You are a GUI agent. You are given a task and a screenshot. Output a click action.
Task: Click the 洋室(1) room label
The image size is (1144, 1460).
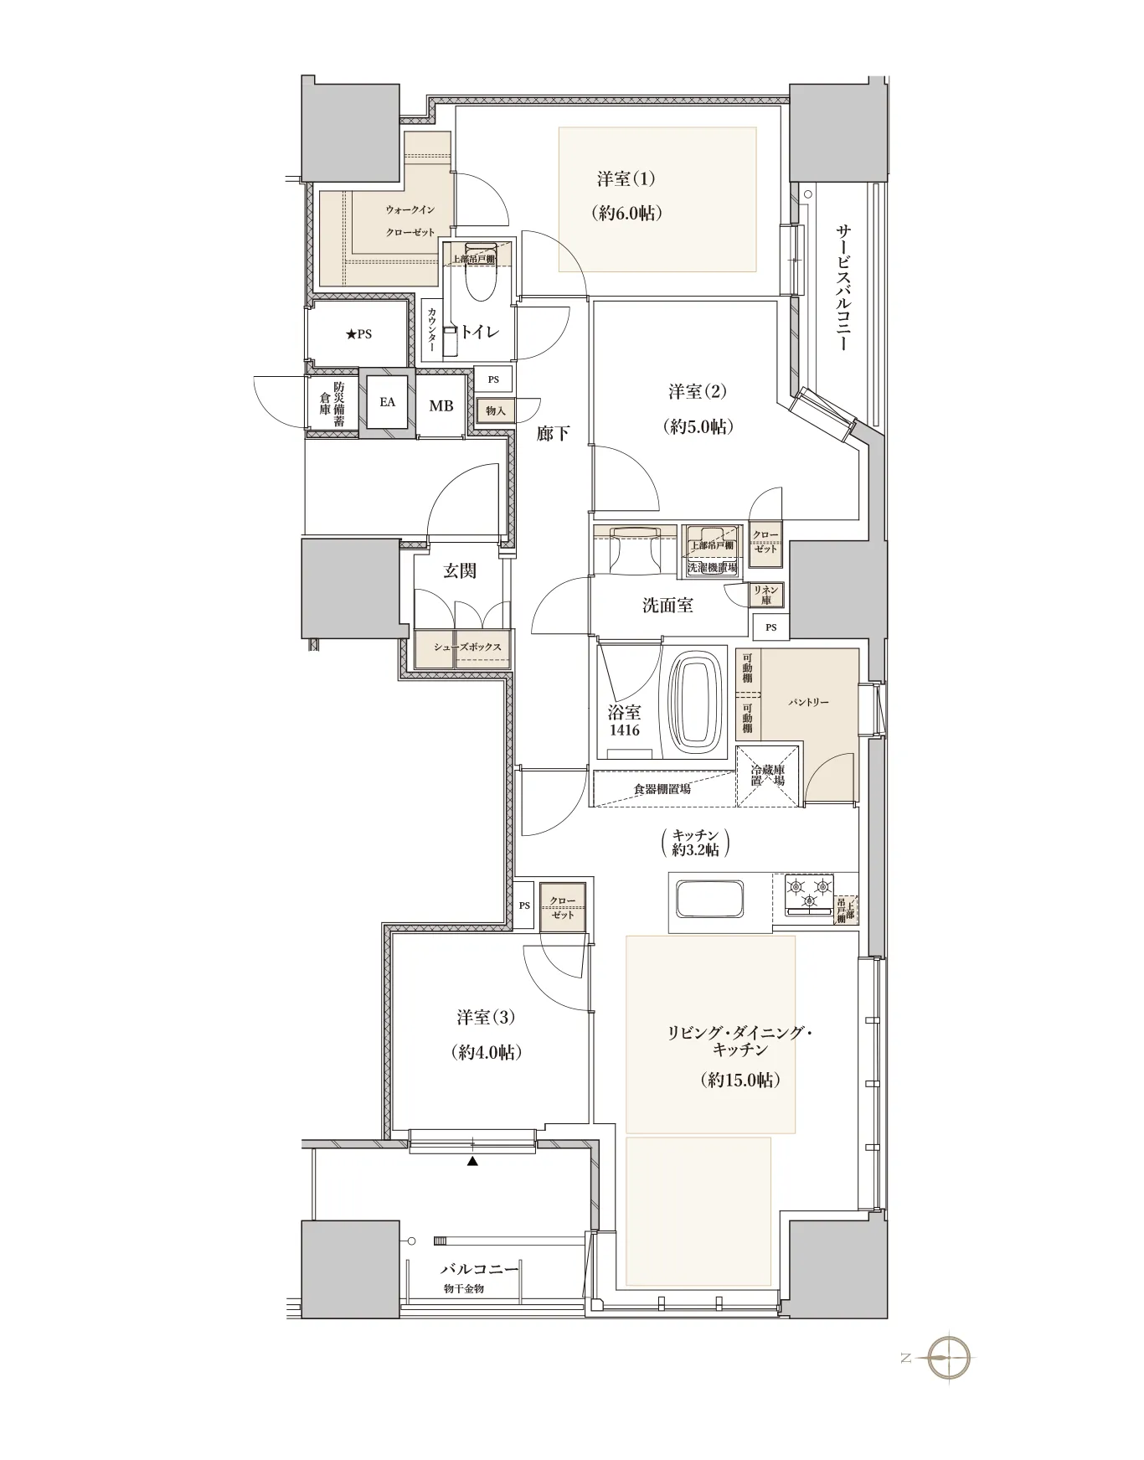tap(626, 179)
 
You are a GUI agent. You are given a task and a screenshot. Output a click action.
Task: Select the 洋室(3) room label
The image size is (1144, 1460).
tap(486, 1017)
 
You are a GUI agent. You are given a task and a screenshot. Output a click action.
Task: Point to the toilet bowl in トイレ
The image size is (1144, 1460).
tap(481, 272)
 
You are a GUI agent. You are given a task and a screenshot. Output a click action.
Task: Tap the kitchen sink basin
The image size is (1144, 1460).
tap(710, 900)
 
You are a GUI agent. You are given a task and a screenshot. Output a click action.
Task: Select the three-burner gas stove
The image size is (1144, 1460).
tap(810, 894)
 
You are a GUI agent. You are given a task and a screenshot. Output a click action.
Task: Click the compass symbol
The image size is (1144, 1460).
tap(949, 1356)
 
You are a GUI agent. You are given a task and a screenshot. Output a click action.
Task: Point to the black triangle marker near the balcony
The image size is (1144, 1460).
tap(473, 1162)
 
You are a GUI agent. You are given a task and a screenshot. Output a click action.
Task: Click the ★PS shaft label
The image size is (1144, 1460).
tap(358, 334)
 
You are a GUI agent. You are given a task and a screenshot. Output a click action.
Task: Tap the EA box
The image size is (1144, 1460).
tap(387, 402)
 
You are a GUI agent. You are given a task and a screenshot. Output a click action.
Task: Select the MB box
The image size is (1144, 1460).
tap(441, 405)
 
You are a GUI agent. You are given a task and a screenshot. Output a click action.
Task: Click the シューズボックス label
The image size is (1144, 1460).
tap(467, 647)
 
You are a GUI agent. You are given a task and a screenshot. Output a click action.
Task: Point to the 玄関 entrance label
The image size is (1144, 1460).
tap(460, 570)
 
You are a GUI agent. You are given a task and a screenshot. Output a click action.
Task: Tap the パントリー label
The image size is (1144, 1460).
tap(808, 702)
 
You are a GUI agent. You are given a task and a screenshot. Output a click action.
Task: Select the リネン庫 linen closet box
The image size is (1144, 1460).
tap(766, 595)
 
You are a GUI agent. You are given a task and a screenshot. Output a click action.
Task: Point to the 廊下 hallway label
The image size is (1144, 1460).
tap(554, 433)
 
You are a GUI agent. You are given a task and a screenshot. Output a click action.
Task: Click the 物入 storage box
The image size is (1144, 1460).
tap(496, 410)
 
